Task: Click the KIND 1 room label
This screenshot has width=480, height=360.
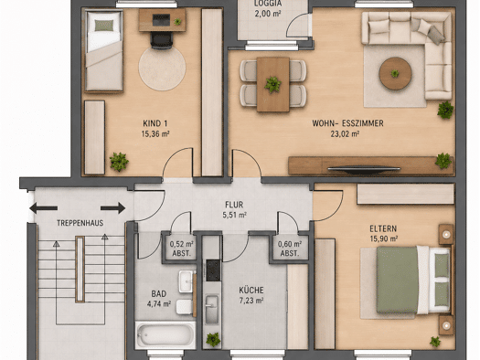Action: [155, 123]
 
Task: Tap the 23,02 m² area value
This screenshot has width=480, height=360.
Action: [345, 134]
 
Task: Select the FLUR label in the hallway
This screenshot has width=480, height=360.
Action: [234, 205]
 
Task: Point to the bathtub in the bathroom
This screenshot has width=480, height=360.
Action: [165, 334]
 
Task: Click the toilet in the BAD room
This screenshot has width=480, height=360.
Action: [185, 307]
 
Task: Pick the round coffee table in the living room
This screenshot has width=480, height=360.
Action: [395, 73]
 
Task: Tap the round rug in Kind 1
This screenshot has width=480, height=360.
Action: [162, 68]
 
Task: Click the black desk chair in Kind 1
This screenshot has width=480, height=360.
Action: [161, 40]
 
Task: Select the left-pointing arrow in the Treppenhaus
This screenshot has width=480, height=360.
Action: [44, 208]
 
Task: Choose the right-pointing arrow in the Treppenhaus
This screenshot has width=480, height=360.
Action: [113, 208]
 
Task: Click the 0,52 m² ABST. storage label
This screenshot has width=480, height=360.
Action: [182, 249]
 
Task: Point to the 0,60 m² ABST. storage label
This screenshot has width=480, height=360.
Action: [290, 249]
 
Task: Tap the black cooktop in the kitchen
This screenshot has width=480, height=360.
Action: [213, 270]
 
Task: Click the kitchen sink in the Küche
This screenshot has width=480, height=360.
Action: [212, 309]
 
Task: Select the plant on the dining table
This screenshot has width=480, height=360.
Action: [272, 84]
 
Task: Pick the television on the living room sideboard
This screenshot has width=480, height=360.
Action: [364, 169]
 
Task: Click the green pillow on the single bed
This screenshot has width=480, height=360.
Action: [104, 26]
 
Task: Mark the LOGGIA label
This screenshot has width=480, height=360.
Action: [268, 4]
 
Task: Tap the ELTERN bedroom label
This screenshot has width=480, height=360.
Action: [383, 228]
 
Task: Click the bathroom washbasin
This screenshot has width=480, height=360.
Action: [187, 281]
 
